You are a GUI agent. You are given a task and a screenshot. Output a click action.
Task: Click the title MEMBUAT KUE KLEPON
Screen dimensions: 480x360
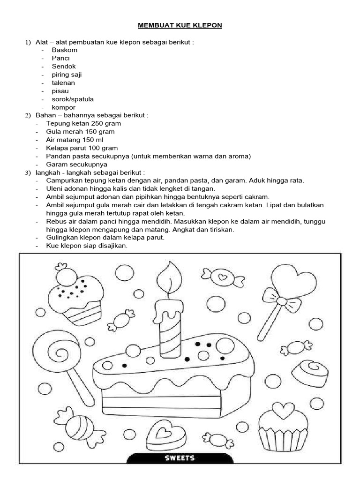coord(180,25)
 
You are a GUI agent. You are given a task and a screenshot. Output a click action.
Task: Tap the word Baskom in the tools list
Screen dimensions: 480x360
coord(65,50)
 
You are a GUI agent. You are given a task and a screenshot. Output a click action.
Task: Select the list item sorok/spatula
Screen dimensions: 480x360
coord(73,99)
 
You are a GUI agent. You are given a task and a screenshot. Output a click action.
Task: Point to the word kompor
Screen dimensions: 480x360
coord(63,107)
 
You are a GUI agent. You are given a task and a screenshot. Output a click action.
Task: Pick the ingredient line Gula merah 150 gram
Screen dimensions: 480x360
coord(80,132)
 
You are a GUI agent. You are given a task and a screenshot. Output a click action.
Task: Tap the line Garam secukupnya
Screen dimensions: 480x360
coord(77,165)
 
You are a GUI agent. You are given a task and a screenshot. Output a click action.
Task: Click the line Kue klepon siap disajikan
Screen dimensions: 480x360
coord(87,246)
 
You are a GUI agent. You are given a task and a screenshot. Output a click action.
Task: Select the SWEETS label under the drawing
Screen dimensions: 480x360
coord(180,457)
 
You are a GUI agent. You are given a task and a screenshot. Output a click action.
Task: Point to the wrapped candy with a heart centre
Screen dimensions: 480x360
coord(223,277)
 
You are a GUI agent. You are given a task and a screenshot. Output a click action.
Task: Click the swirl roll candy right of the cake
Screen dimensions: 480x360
coord(309,372)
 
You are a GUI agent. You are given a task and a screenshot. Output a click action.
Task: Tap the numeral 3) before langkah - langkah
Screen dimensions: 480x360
coord(28,173)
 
